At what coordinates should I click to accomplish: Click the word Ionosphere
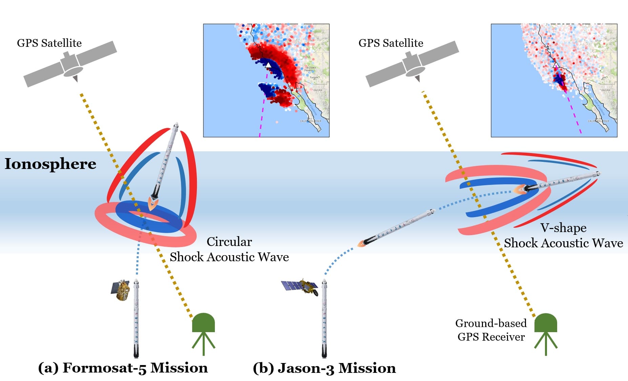[50, 164]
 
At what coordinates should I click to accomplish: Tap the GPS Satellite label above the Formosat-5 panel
[49, 43]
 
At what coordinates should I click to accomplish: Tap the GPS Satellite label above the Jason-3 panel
[391, 43]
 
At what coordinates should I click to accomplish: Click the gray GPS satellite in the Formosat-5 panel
[70, 64]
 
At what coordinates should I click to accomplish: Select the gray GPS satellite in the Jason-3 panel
[412, 64]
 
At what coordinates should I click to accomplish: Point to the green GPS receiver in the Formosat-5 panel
[203, 331]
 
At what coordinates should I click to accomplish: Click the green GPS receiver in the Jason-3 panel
[546, 331]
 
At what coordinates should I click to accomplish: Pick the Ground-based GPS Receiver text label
[491, 330]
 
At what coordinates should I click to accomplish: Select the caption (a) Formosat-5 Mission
[123, 368]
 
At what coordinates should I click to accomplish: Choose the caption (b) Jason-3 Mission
[324, 368]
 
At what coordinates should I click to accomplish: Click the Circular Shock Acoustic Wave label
[229, 249]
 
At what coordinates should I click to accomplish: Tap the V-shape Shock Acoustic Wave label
[563, 235]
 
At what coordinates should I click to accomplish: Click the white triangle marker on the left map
[268, 64]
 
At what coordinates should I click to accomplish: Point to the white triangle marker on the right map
[555, 65]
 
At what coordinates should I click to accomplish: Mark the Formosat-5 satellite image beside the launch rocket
[121, 290]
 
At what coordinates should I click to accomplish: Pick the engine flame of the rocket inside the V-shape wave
[518, 190]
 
